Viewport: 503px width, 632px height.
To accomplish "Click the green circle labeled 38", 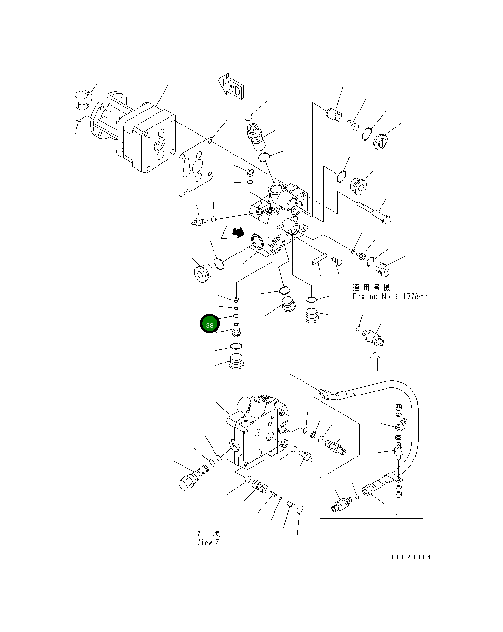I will click(210, 325).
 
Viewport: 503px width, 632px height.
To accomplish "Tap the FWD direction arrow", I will click(230, 87).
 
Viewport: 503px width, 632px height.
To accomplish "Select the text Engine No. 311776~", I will click(389, 296).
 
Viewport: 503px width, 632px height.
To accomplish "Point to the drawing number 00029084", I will click(411, 557).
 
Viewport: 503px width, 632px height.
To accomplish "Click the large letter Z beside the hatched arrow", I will click(224, 233).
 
